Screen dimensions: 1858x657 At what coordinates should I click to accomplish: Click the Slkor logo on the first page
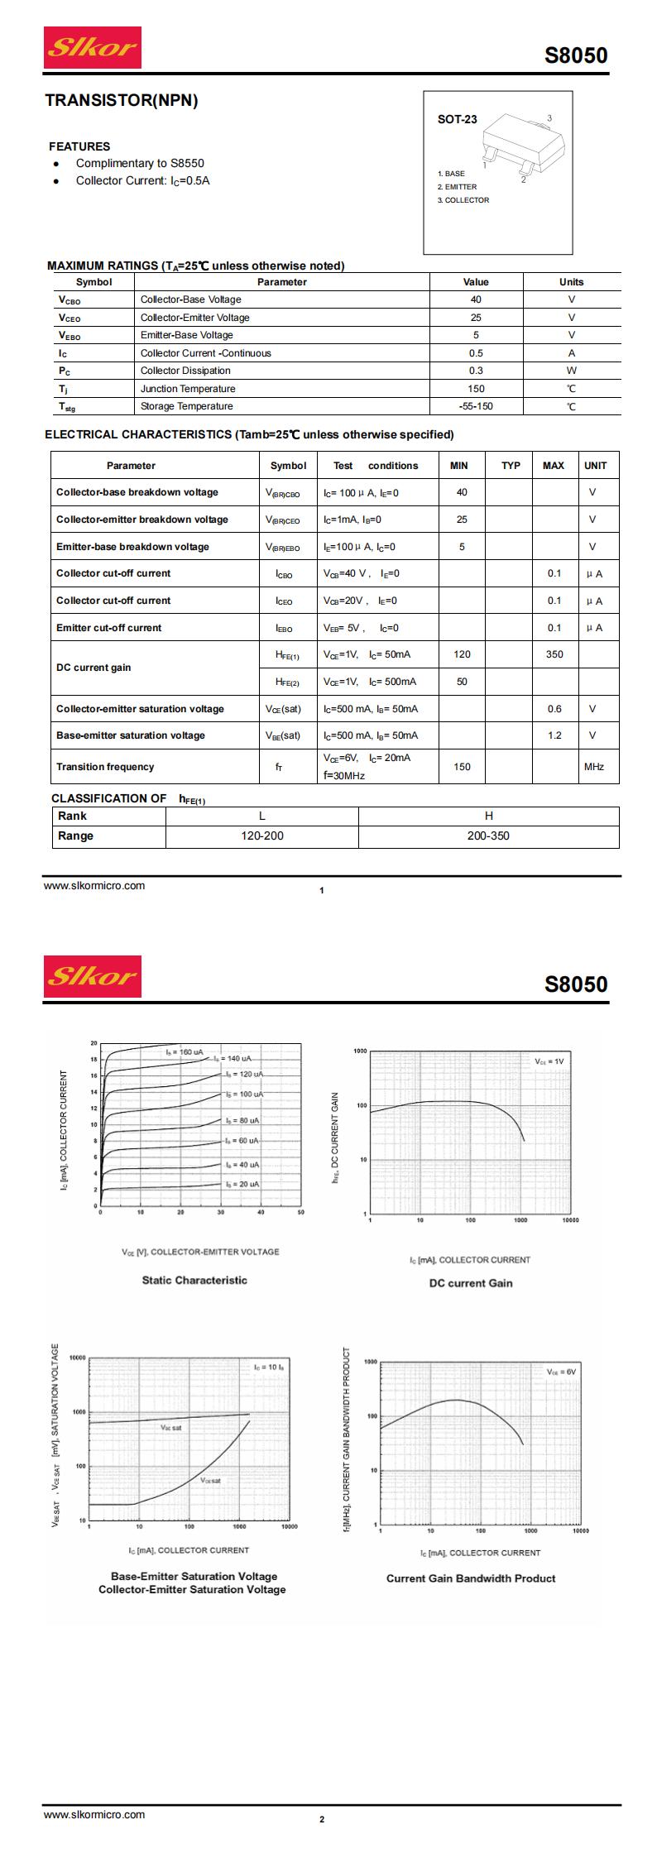pos(92,47)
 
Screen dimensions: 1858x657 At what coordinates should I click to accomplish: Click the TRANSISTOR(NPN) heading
pos(122,101)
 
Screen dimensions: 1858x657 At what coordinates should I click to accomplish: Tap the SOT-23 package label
pos(457,119)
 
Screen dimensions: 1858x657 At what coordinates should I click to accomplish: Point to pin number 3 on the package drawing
pos(549,118)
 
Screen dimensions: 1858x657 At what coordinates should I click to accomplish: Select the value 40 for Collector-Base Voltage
pos(476,299)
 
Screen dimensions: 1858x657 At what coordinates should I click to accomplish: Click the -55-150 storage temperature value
pos(476,406)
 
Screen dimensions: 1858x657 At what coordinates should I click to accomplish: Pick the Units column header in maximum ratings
pos(571,282)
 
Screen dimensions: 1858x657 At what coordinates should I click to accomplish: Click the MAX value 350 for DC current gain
pos(554,654)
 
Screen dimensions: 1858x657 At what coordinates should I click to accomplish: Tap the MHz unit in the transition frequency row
pos(593,767)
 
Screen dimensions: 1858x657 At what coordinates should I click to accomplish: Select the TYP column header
pos(511,466)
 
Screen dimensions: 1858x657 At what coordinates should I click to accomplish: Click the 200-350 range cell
pos(488,836)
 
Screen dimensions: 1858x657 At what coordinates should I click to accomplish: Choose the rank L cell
pos(262,816)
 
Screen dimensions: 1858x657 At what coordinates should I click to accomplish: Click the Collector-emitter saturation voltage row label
pos(140,709)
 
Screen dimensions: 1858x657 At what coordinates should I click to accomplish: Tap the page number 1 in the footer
pos(322,891)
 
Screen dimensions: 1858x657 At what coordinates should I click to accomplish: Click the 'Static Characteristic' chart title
pos(194,1280)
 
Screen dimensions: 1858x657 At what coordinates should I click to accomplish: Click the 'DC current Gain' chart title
pos(471,1283)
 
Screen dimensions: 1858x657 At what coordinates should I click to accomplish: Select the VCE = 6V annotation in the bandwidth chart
pos(560,1372)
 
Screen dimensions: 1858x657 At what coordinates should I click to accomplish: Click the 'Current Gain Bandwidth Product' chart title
pos(471,1578)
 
